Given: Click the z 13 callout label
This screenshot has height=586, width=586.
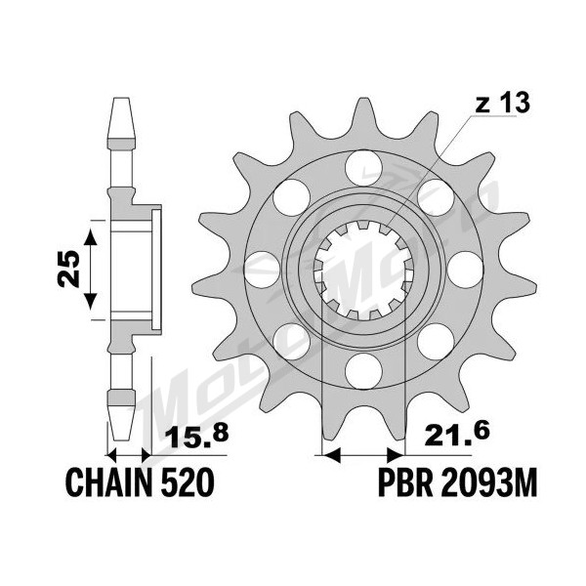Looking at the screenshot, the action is [x=503, y=103].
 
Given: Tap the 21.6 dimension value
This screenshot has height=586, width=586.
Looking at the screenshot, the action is [x=456, y=435].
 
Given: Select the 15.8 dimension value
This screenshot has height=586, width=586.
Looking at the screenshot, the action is [x=196, y=437].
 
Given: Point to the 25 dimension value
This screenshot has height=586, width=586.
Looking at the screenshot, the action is [x=69, y=269].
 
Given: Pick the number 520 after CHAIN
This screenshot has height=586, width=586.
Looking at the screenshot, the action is [x=188, y=482].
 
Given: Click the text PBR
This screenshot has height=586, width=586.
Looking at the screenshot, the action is [x=405, y=482].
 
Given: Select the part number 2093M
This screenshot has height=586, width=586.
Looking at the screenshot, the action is [x=488, y=482].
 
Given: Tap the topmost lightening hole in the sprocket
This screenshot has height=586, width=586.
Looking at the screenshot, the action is [x=363, y=167].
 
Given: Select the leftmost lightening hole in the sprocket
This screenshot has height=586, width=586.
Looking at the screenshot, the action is [x=262, y=270].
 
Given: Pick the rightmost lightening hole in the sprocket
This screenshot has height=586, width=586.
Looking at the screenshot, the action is [x=465, y=270].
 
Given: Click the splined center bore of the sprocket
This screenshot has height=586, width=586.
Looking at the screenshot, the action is [x=363, y=270].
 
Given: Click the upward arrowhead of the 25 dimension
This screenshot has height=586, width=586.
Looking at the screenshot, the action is [x=90, y=237].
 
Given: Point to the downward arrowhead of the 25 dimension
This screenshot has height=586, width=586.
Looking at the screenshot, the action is [x=90, y=302].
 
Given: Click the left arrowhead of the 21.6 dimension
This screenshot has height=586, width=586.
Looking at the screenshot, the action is [x=331, y=455].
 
